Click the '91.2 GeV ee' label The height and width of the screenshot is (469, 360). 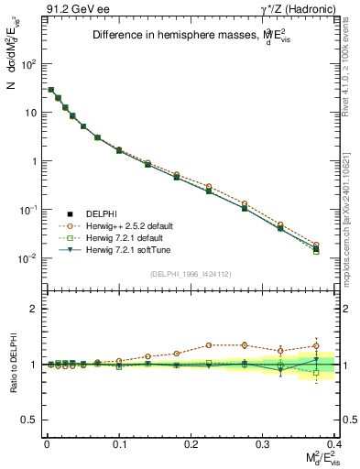tap(72, 9)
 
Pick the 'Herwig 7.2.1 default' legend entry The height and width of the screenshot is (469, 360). tap(125, 237)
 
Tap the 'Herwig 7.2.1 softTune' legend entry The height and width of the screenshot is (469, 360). tap(126, 249)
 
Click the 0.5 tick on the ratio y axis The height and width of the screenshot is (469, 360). tap(27, 420)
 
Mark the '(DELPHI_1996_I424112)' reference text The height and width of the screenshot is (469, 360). tap(191, 274)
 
